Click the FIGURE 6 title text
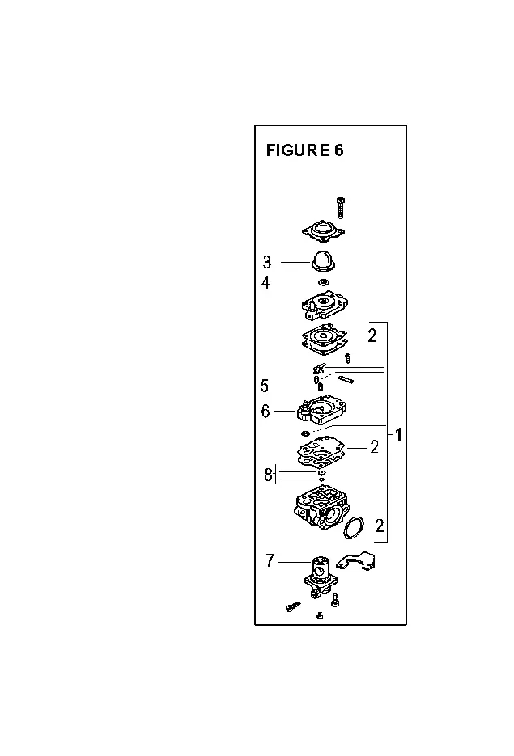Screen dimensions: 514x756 tap(304, 150)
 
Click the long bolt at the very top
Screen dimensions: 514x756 tap(342, 208)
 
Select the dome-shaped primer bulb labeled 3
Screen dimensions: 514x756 tap(322, 261)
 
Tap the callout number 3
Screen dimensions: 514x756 tap(267, 262)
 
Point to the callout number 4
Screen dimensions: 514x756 tap(265, 282)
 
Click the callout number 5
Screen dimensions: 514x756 tap(265, 386)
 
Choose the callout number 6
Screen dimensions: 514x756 tap(265, 411)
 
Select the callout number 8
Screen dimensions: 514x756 tap(268, 475)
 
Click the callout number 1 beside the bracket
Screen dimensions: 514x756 tap(398, 434)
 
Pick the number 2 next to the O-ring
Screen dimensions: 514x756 tap(380, 526)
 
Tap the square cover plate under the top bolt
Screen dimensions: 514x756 tap(323, 230)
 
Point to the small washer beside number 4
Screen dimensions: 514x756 tap(323, 281)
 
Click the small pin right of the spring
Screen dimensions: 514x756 tap(346, 379)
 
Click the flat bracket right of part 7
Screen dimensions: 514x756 tap(358, 562)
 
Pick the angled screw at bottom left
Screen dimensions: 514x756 tap(292, 606)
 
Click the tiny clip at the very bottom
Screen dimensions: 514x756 tap(320, 615)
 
